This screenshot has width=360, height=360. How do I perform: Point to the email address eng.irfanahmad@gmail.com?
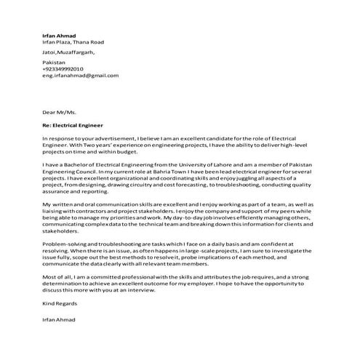[x=80, y=75]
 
